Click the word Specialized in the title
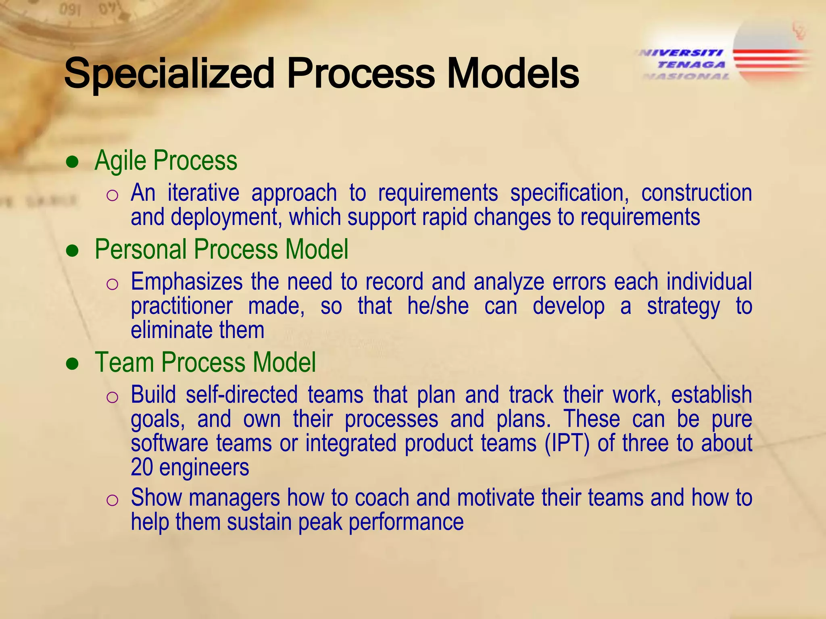point(169,74)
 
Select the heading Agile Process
point(166,161)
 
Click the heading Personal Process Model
point(221,249)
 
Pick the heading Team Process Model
point(205,362)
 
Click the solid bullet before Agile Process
point(72,162)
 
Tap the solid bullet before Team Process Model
point(72,364)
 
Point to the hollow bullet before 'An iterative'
point(112,196)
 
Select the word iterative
point(203,193)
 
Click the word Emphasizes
point(186,281)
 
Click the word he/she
point(438,306)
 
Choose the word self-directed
point(242,395)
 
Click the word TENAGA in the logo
point(691,64)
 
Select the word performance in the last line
point(406,522)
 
